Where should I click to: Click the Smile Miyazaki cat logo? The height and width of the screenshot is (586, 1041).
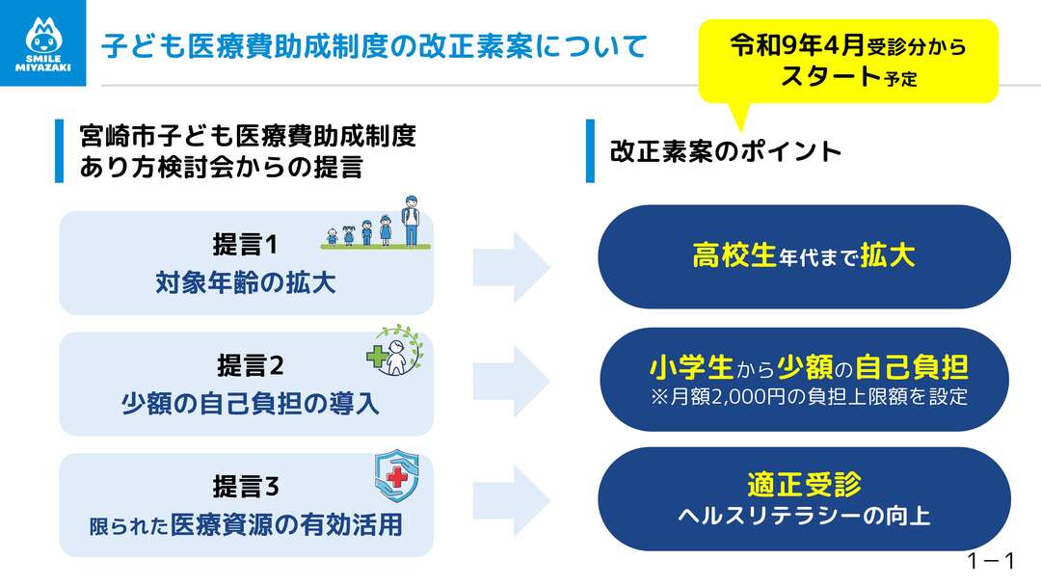[x=41, y=42]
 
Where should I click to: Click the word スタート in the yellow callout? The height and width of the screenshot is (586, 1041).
[x=831, y=75]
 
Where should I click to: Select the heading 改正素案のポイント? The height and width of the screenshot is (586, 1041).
[x=726, y=151]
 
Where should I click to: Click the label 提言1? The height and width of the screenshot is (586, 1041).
[x=245, y=245]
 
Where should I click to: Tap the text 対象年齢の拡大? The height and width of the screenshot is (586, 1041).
[x=246, y=284]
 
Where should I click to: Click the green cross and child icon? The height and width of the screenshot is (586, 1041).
[x=393, y=352]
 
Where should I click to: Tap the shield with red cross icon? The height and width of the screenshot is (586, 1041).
[x=395, y=472]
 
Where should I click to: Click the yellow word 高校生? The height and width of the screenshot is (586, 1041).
[x=734, y=256]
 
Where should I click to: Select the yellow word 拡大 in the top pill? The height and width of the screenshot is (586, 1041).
[x=887, y=256]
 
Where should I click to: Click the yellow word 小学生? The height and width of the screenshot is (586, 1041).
[x=690, y=367]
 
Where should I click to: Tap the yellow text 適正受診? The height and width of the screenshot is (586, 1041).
[x=803, y=484]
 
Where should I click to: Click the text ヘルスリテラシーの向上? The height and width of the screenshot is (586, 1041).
[x=803, y=517]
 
